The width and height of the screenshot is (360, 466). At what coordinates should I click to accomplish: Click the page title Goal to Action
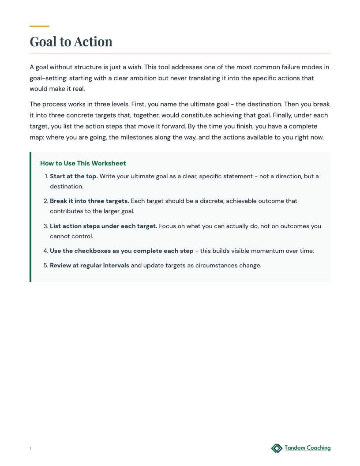(71, 41)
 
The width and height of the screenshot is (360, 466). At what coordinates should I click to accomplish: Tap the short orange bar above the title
(39, 26)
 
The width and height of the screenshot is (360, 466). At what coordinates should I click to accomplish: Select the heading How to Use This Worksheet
(83, 163)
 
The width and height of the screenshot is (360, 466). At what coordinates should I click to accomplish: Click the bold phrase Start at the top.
(74, 176)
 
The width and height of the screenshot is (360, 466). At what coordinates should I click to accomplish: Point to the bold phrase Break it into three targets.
(90, 201)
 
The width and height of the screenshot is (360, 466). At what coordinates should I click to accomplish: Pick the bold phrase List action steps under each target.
(103, 226)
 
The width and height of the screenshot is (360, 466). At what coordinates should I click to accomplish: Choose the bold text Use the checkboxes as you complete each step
(121, 251)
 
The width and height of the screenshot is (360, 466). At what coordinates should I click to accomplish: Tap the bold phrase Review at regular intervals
(90, 265)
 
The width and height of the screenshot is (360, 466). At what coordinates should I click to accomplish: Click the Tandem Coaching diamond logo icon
(277, 448)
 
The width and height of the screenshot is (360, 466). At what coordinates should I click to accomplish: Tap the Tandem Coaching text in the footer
(307, 448)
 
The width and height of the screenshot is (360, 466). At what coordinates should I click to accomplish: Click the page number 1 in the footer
(30, 449)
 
